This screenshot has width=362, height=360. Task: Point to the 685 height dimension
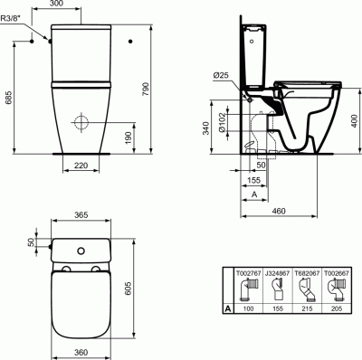pyautogui.click(x=8, y=98)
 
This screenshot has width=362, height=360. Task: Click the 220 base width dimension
pyautogui.click(x=81, y=166)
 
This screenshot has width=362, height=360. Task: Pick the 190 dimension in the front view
pyautogui.click(x=129, y=136)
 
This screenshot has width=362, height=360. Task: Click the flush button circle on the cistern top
pyautogui.click(x=82, y=250)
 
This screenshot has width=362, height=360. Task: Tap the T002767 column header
pyautogui.click(x=248, y=270)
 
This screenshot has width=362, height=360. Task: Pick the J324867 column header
pyautogui.click(x=278, y=270)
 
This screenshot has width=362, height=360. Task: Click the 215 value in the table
pyautogui.click(x=308, y=310)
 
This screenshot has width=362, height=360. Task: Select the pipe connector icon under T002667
pyautogui.click(x=337, y=289)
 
